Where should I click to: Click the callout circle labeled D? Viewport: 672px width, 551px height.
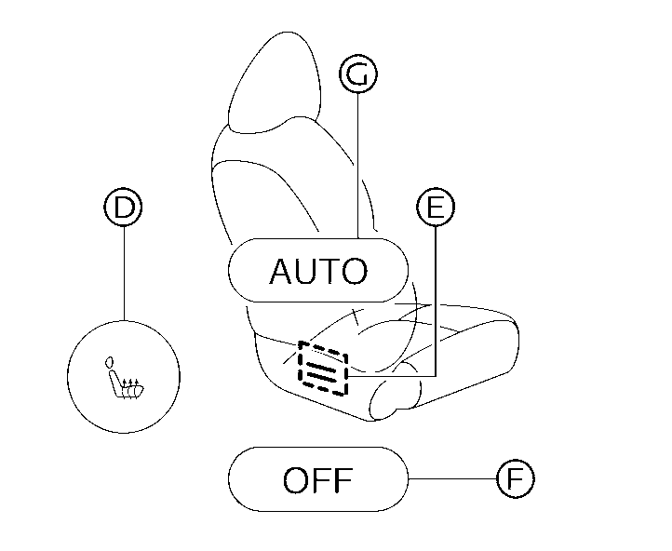tap(123, 207)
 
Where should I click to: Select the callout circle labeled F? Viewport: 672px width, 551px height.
tap(515, 479)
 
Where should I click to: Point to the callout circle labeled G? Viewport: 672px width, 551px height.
tap(358, 75)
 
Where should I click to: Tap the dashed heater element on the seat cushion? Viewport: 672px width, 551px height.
tap(322, 368)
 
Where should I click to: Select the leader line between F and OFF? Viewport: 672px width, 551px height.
tap(452, 479)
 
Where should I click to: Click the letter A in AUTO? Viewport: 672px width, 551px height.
tap(281, 272)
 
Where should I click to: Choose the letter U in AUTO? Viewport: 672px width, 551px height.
tap(305, 272)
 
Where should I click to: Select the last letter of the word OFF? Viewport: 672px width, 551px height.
tap(343, 481)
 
